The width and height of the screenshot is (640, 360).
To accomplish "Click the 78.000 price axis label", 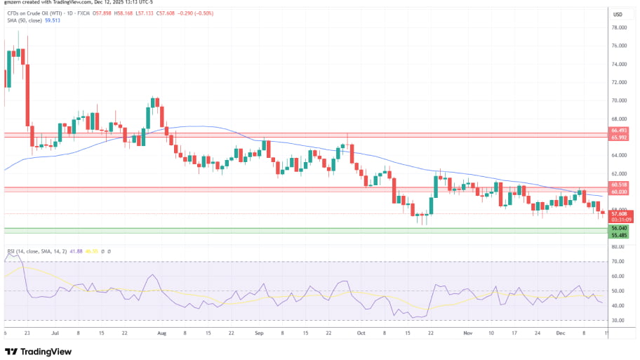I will [618, 27].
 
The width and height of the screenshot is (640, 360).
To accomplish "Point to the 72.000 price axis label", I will [618, 82].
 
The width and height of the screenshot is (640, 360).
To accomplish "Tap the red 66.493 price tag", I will [619, 131].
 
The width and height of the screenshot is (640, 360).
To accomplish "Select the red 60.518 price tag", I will [619, 185].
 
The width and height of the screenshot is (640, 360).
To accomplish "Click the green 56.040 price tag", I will [619, 227].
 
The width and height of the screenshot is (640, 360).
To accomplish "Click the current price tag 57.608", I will [619, 213].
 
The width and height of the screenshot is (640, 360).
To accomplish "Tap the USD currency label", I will [618, 15].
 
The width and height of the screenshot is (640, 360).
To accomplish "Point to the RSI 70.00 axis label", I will [618, 261].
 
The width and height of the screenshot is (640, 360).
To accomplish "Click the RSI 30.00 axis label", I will [618, 320].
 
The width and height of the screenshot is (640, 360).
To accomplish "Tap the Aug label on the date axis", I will [163, 334].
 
